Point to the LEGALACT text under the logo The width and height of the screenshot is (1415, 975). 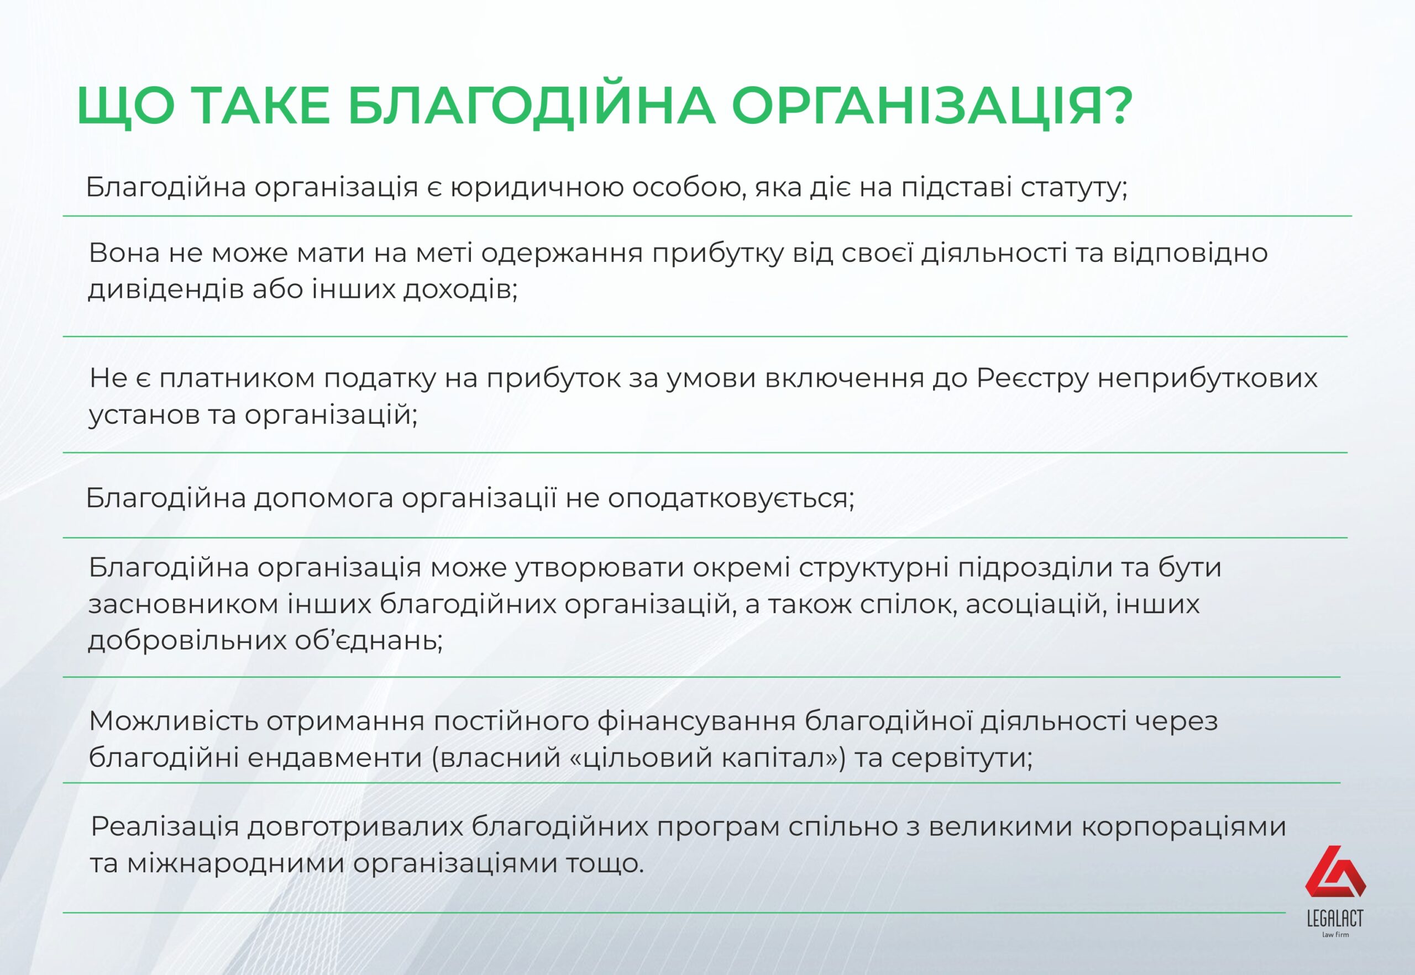[x=1335, y=918]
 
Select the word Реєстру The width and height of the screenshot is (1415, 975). [x=1033, y=380]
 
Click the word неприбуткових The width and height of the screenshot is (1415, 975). [x=1207, y=380]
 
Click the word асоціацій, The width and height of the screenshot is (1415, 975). [x=1036, y=604]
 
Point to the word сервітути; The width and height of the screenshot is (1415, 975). [x=961, y=758]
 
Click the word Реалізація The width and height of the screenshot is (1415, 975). [x=164, y=827]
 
